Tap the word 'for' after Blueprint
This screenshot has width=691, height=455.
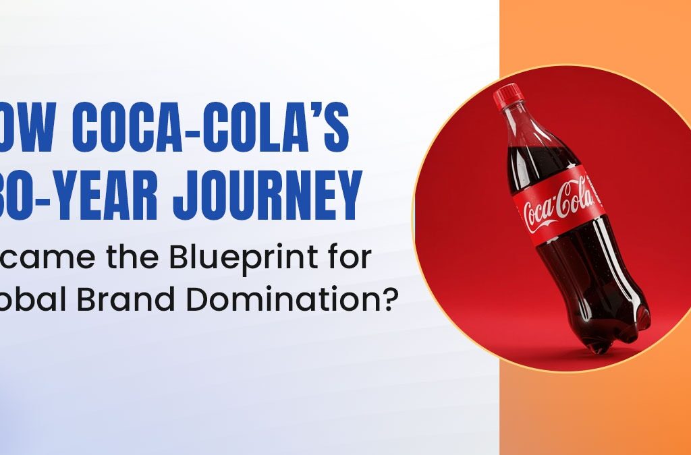(x=350, y=258)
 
